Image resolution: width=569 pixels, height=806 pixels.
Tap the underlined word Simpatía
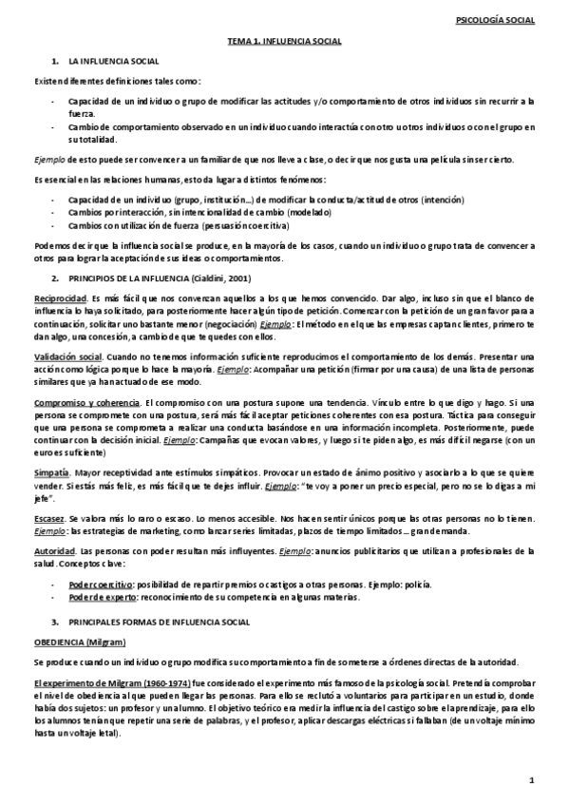pyautogui.click(x=52, y=470)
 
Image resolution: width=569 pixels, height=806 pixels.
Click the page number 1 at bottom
pyautogui.click(x=533, y=780)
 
